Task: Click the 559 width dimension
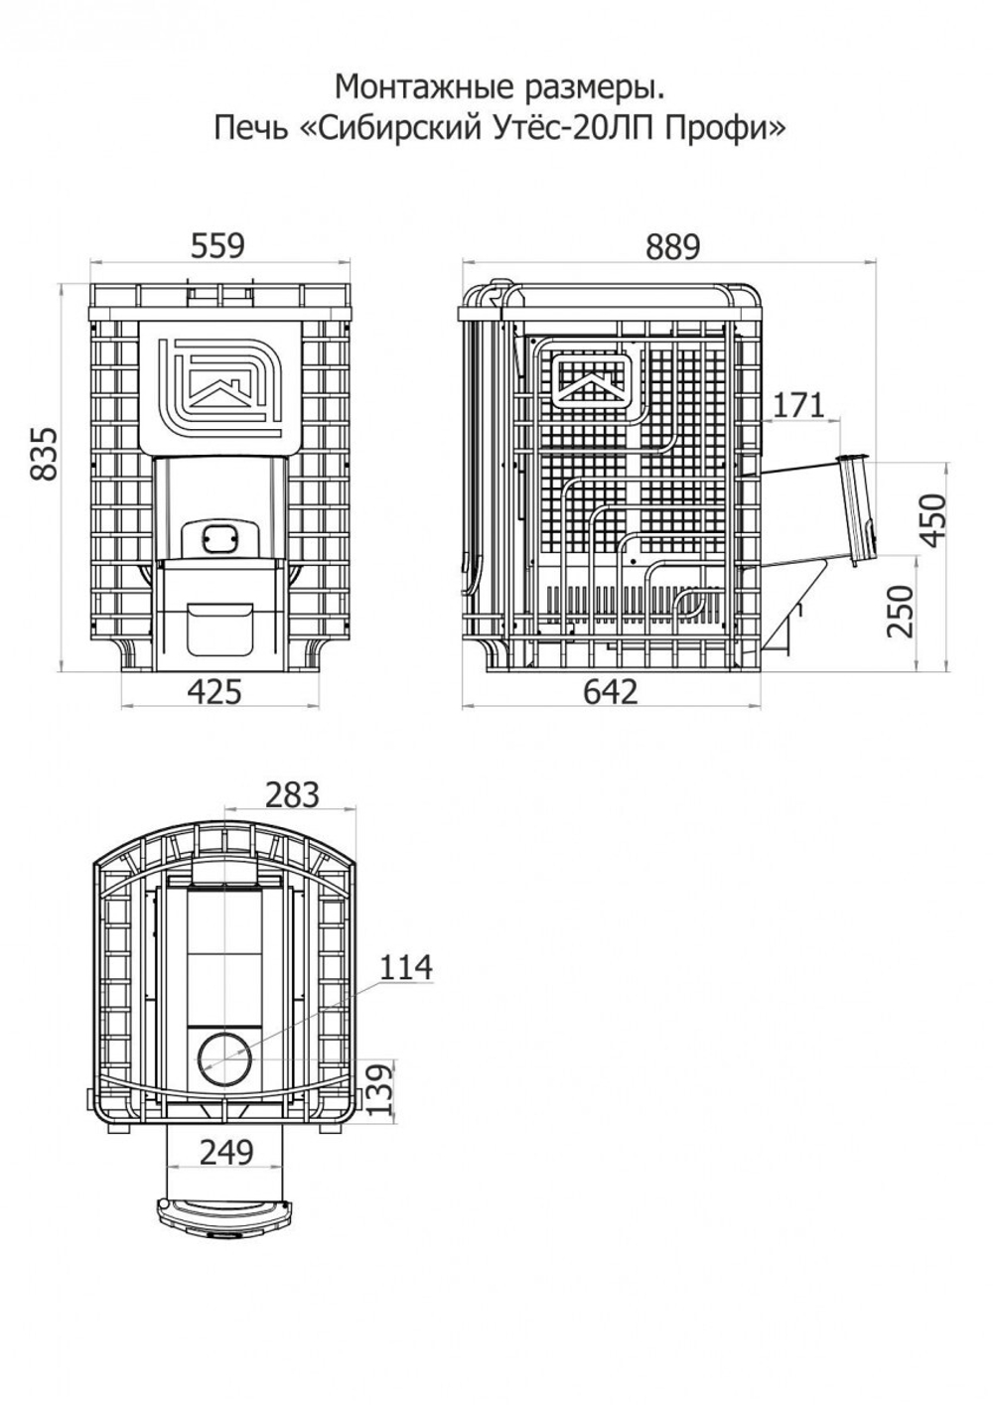(217, 246)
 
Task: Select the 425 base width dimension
(214, 692)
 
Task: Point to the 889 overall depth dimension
(672, 247)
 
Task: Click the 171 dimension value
(798, 405)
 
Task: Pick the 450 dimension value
(933, 520)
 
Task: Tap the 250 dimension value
(900, 611)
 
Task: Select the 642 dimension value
(611, 692)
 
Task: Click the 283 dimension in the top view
(292, 795)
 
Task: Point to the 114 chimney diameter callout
(406, 967)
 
